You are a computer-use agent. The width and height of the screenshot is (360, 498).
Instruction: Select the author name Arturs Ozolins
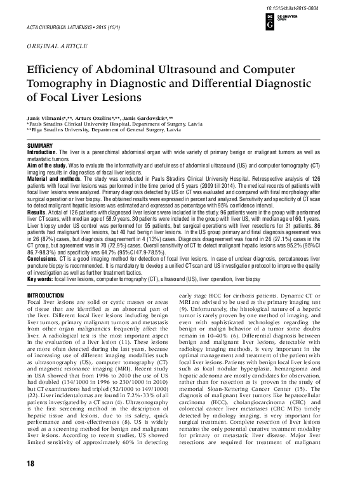(93, 118)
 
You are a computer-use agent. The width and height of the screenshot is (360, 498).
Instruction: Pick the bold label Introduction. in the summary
(44, 153)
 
